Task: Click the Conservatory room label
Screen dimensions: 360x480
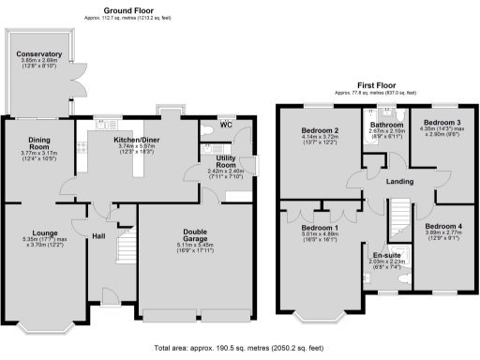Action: (38, 54)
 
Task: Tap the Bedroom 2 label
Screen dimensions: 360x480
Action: (320, 130)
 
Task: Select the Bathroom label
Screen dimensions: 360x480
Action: (386, 124)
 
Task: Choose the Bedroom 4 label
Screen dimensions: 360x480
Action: (442, 226)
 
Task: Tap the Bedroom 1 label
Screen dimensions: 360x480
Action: (320, 228)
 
